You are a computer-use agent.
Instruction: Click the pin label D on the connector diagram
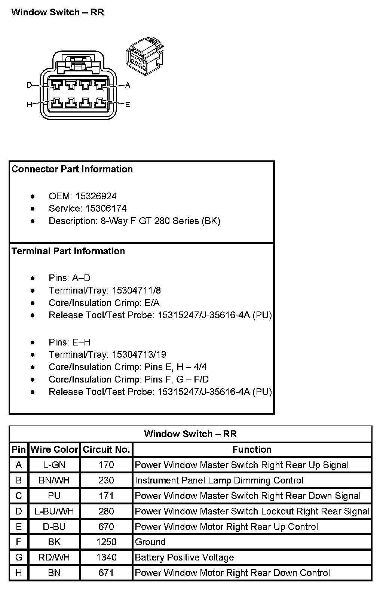[29, 85]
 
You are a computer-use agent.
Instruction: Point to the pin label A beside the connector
[128, 85]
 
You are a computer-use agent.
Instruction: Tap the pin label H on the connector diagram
[29, 105]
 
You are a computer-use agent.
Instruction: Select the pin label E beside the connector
[128, 105]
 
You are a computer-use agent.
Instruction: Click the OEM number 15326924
[96, 196]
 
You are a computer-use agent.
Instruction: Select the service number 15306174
[106, 209]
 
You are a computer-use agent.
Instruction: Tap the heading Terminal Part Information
[68, 251]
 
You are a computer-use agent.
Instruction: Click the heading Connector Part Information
[72, 169]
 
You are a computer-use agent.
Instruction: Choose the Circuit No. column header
[106, 449]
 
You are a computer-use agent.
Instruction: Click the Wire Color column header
[54, 449]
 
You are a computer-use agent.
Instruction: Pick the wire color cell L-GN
[54, 465]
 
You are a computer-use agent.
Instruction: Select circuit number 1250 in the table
[106, 542]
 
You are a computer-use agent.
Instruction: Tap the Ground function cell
[150, 542]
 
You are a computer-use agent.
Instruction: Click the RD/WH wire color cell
[54, 557]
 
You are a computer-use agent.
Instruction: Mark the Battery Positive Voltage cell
[184, 557]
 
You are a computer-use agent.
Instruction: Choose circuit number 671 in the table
[106, 573]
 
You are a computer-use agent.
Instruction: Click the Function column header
[252, 449]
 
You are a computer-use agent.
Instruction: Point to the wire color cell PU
[54, 496]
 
